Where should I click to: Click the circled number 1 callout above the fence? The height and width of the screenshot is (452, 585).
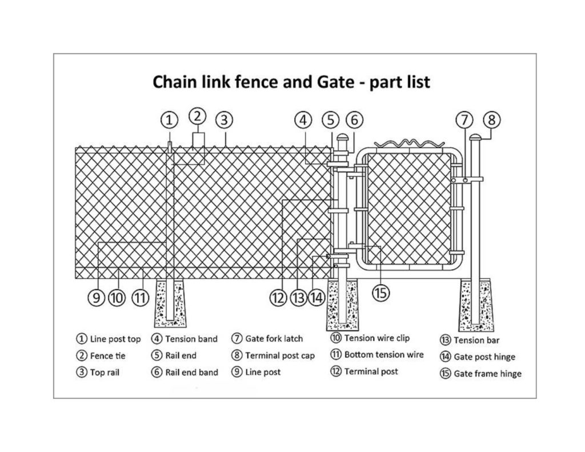pos(169,120)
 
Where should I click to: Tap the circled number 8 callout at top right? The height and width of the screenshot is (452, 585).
pos(491,120)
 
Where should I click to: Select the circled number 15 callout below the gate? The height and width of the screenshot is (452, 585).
pos(380,292)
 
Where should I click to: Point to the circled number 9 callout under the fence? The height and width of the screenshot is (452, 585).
pos(96,297)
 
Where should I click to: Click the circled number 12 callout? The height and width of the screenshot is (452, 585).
pos(278,297)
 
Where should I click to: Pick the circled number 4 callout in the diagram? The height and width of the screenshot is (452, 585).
pos(304,120)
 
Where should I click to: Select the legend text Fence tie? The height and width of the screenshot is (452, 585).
pos(107,356)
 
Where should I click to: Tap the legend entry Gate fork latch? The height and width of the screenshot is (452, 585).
pos(274,339)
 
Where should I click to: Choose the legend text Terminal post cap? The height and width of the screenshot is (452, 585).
pos(280,355)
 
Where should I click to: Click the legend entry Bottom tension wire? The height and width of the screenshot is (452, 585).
pos(383,355)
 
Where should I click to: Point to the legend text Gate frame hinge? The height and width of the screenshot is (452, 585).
pos(487,374)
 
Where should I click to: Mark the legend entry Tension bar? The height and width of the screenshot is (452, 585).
pos(476,341)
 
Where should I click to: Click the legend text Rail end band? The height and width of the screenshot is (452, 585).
pos(191,373)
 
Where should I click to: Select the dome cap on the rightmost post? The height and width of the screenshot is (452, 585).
pos(475,137)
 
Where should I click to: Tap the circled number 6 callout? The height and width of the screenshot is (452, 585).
pos(354,120)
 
